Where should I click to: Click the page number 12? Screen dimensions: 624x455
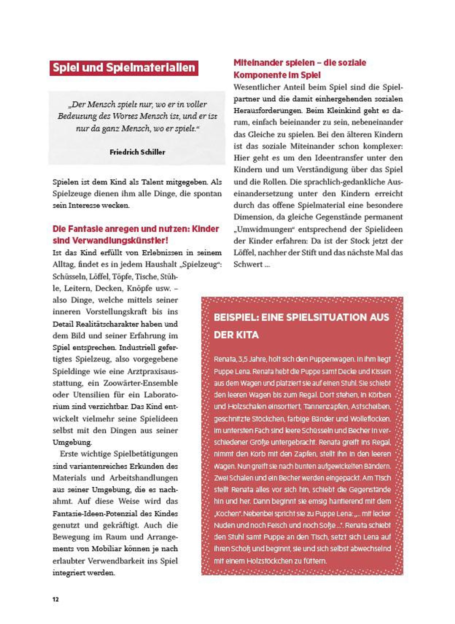pos(56,600)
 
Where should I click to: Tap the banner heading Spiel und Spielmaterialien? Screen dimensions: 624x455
pos(124,68)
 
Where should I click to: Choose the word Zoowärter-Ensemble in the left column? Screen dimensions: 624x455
pos(140,383)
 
